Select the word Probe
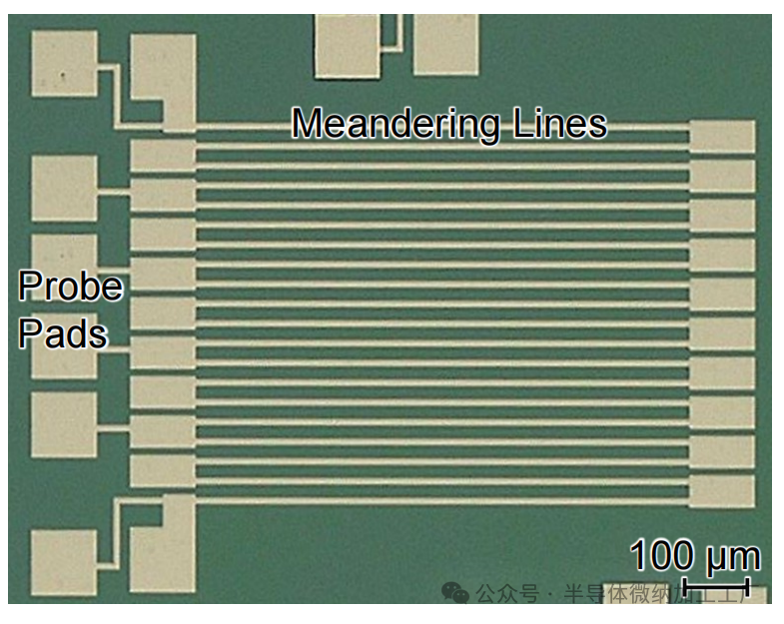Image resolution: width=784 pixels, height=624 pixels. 70,288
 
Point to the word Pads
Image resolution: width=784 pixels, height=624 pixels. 62,333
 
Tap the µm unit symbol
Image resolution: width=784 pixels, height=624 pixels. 735,557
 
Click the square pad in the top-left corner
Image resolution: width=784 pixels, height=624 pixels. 65,64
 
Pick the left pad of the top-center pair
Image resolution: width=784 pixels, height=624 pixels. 348,45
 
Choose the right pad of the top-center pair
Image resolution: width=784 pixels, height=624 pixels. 446,45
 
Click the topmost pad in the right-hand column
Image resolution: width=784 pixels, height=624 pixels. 722,137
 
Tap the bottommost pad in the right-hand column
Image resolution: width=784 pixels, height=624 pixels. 722,489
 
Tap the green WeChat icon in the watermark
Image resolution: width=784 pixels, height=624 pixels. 455,594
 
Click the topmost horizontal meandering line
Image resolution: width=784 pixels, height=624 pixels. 439,127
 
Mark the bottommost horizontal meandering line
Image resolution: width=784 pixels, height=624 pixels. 439,499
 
